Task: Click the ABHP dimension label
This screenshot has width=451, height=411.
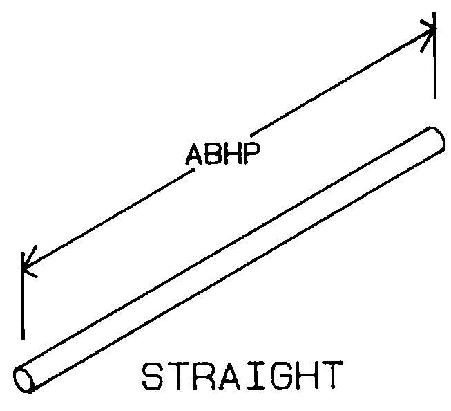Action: pyautogui.click(x=223, y=154)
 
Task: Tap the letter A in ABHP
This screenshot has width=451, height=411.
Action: pyautogui.click(x=195, y=154)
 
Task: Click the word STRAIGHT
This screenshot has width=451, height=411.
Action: pyautogui.click(x=242, y=376)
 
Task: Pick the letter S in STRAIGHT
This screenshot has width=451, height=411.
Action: pyautogui.click(x=152, y=376)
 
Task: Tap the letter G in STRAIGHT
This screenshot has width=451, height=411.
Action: pyautogui.click(x=282, y=376)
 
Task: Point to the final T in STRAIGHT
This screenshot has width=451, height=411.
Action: pyautogui.click(x=334, y=376)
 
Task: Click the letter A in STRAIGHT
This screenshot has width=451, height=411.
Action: pyautogui.click(x=229, y=376)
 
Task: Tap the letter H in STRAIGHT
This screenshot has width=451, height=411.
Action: pyautogui.click(x=308, y=376)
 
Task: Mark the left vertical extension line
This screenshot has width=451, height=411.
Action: pyautogui.click(x=23, y=296)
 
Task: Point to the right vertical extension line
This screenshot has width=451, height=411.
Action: pyautogui.click(x=435, y=55)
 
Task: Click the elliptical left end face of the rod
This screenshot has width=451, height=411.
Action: pyautogui.click(x=23, y=380)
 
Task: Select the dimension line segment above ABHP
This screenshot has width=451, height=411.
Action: pyautogui.click(x=343, y=82)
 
